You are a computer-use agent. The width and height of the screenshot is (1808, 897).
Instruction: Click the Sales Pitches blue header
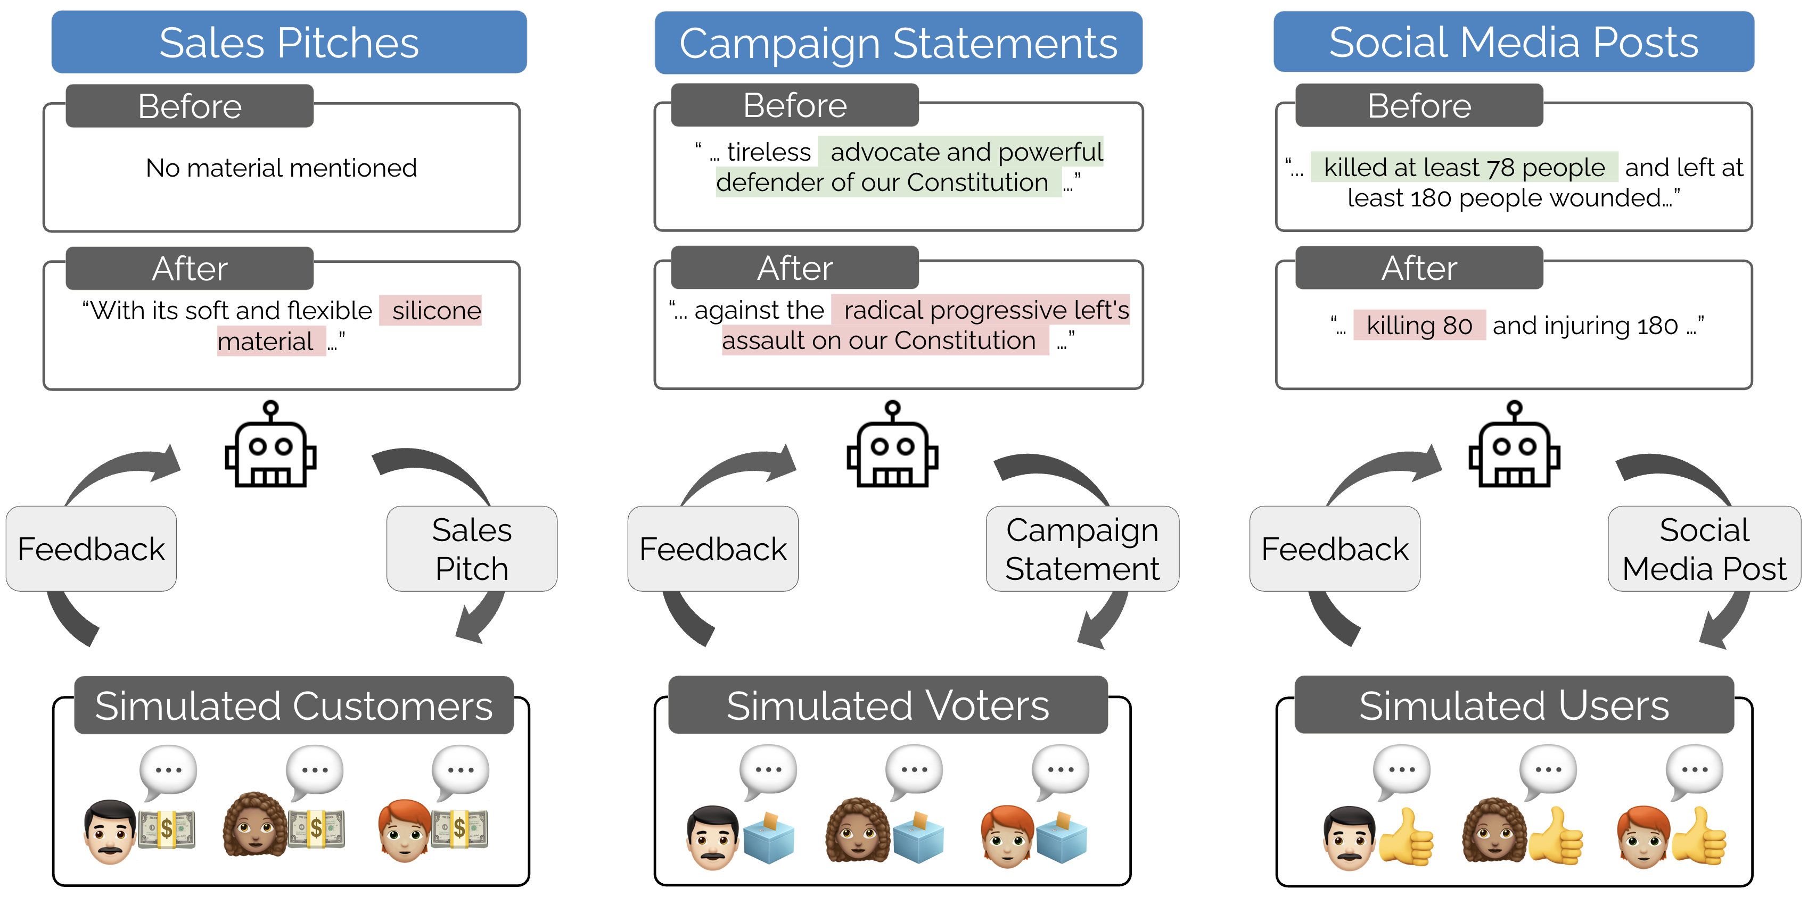(289, 42)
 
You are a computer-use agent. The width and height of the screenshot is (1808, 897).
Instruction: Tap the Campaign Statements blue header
(898, 43)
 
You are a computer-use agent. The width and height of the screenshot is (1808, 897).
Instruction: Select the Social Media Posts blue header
(1513, 41)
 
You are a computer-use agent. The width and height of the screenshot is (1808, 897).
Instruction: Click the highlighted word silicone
(436, 311)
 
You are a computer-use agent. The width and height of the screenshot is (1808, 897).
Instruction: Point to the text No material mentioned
(281, 168)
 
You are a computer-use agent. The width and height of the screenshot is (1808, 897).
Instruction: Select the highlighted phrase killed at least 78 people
(1464, 168)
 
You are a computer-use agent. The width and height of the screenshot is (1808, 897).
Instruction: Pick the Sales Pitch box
(472, 549)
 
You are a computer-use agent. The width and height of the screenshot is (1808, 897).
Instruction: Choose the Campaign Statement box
(1082, 549)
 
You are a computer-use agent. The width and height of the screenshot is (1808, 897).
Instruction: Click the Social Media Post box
(1704, 549)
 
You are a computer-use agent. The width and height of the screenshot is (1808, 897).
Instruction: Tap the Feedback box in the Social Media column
(1334, 549)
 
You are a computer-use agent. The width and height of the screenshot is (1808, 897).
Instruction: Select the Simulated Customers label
(293, 705)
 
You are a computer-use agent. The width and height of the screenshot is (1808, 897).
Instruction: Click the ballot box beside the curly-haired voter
(918, 837)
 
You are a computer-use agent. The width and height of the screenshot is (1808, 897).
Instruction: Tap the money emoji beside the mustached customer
(166, 829)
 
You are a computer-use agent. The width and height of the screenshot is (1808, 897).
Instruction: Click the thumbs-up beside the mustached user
(1406, 837)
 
